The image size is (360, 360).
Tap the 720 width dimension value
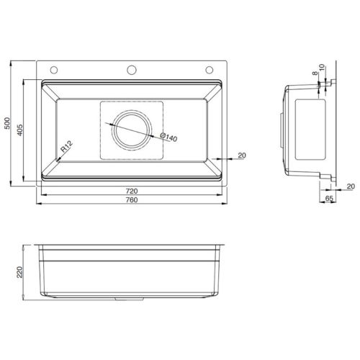pyautogui.click(x=132, y=192)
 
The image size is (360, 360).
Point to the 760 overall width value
pyautogui.click(x=132, y=200)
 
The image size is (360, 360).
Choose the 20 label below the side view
pyautogui.click(x=350, y=186)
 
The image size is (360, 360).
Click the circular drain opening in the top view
pyautogui.click(x=132, y=129)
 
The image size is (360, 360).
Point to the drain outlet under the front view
pyautogui.click(x=131, y=297)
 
